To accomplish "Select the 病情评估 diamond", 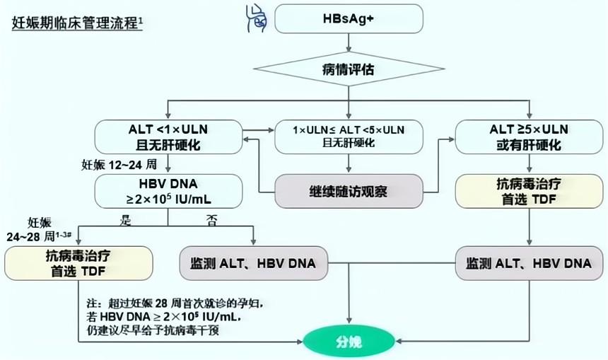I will point(349,71).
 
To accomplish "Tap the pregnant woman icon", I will point(255,18).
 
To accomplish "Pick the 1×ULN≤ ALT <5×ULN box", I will point(348,137).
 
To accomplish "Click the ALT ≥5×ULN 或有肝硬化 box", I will point(530,137).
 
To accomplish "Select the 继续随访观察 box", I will point(348,192).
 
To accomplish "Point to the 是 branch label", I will point(127,221).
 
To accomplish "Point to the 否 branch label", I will point(209,221).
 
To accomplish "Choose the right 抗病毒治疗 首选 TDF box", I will point(530,192).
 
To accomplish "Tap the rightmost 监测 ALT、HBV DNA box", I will point(530,262).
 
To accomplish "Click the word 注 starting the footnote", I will point(88,303).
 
